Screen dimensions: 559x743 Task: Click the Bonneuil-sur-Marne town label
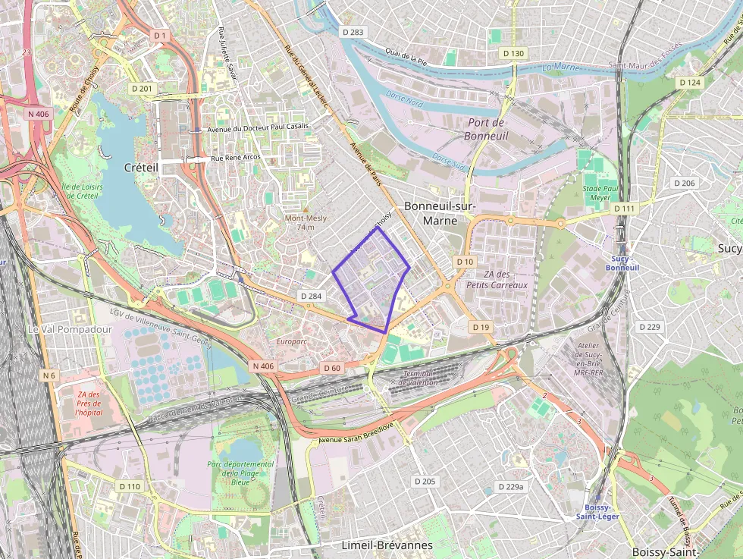[x=440, y=212]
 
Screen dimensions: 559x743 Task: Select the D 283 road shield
[x=353, y=32]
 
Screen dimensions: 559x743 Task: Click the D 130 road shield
[x=513, y=53]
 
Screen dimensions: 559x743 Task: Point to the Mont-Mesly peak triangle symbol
[x=306, y=209]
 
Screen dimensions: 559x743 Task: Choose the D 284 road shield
[x=312, y=296]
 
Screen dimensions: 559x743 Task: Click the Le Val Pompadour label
[x=70, y=330]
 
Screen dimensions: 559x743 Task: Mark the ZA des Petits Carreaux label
[x=501, y=280]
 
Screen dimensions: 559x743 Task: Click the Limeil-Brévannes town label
[x=387, y=545]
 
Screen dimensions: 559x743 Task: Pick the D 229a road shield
[x=510, y=486]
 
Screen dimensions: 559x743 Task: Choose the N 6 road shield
[x=49, y=375]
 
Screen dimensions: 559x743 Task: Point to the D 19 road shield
[x=481, y=327]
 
